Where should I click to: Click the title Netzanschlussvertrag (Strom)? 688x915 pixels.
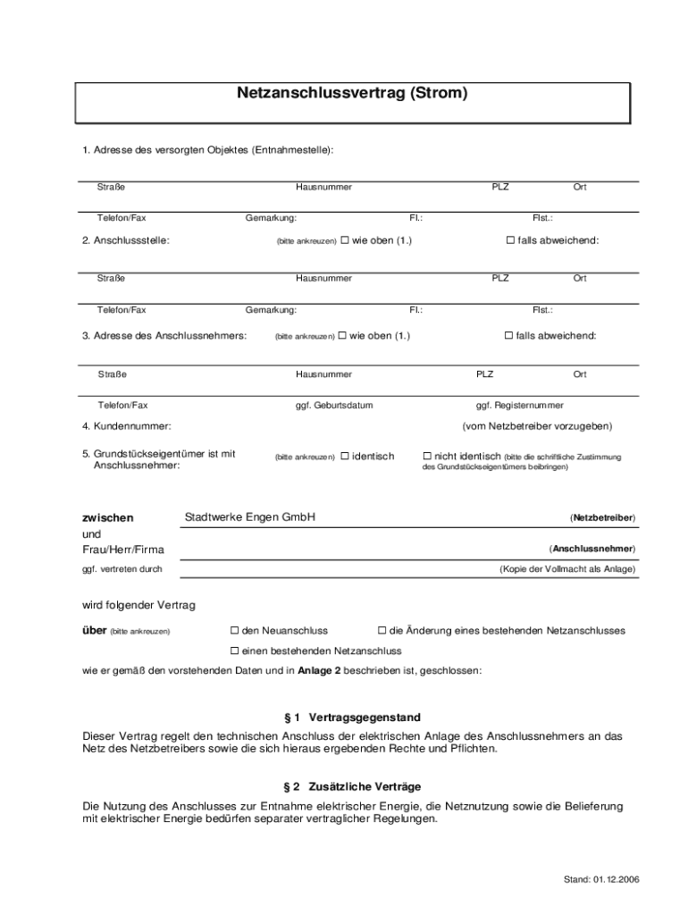[352, 93]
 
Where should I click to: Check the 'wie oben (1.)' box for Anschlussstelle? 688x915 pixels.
[344, 240]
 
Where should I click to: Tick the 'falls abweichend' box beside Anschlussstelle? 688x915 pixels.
[510, 240]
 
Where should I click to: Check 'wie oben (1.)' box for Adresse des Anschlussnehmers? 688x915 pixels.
[341, 336]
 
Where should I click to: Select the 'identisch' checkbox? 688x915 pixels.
[344, 457]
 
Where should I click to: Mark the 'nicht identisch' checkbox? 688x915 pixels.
[427, 457]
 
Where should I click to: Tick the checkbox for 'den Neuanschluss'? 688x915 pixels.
[235, 631]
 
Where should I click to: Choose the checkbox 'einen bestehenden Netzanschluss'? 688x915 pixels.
[235, 651]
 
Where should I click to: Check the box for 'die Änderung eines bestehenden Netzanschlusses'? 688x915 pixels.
[382, 631]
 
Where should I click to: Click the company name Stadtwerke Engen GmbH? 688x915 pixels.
[249, 517]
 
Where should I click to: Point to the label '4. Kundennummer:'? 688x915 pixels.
[127, 426]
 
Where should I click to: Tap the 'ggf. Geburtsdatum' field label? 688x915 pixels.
[334, 406]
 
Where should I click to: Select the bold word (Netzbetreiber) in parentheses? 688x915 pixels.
[602, 518]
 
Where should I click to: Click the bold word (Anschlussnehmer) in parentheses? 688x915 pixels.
[592, 549]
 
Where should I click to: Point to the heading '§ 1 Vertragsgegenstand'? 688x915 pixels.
[351, 718]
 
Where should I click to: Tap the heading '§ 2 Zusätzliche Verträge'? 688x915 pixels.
[351, 786]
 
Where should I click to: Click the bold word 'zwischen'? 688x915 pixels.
[108, 517]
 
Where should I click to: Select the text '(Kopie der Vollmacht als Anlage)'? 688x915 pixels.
[567, 569]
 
